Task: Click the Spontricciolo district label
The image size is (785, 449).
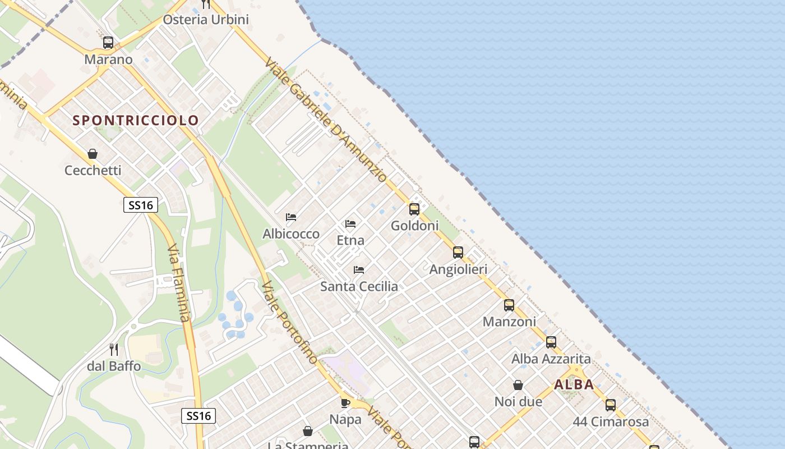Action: point(136,120)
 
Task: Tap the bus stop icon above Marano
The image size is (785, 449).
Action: point(108,43)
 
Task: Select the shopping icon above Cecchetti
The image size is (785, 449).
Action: point(93,154)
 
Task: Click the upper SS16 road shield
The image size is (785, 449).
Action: point(141,205)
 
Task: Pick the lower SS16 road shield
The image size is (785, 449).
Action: point(199,416)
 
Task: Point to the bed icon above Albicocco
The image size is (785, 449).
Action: point(291,217)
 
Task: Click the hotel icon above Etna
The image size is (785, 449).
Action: point(350,224)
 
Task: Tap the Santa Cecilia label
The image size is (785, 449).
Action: point(359,286)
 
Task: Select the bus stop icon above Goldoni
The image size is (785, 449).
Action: point(414,209)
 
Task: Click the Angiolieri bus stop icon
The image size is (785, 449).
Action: point(458,253)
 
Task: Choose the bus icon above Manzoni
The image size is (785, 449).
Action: point(509,305)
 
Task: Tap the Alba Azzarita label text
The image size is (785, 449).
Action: point(551,359)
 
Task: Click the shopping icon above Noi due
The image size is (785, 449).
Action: point(518,385)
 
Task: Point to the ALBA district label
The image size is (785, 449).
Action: point(574,384)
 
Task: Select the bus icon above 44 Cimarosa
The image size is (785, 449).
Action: point(611,405)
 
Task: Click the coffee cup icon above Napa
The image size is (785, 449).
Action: point(345,403)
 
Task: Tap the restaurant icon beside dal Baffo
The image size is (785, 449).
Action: point(114,350)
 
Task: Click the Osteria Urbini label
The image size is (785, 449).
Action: point(206,20)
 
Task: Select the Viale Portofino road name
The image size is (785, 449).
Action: point(290,323)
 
